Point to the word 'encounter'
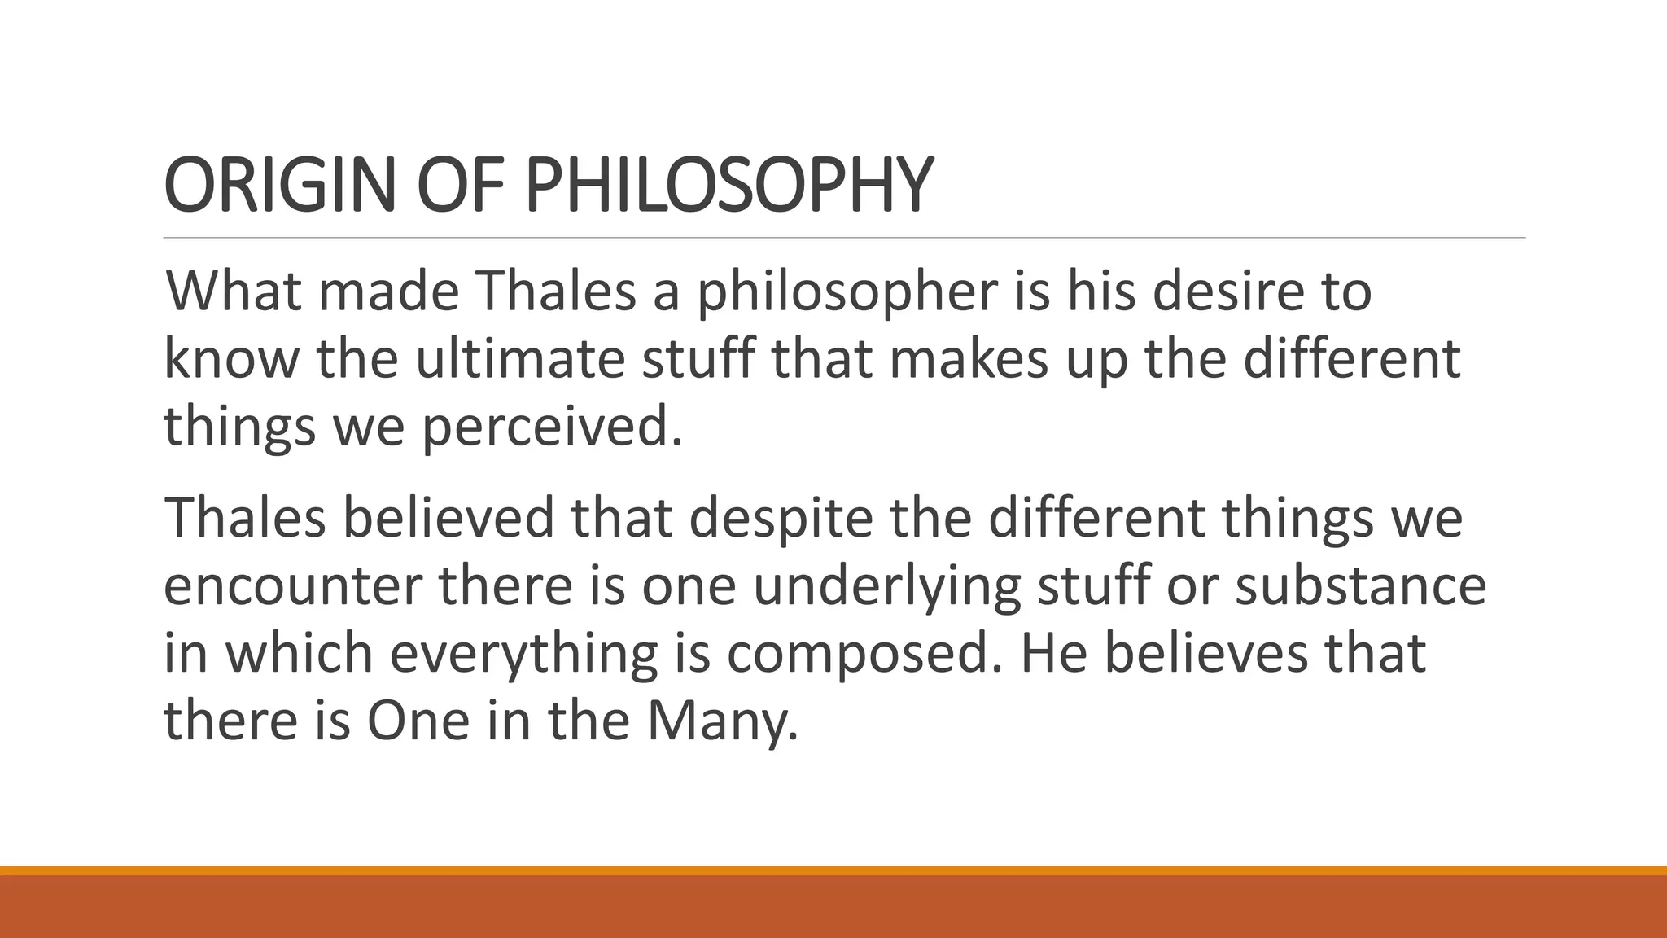click(x=292, y=586)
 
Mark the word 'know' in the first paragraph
click(x=231, y=358)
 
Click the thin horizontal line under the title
click(x=844, y=238)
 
